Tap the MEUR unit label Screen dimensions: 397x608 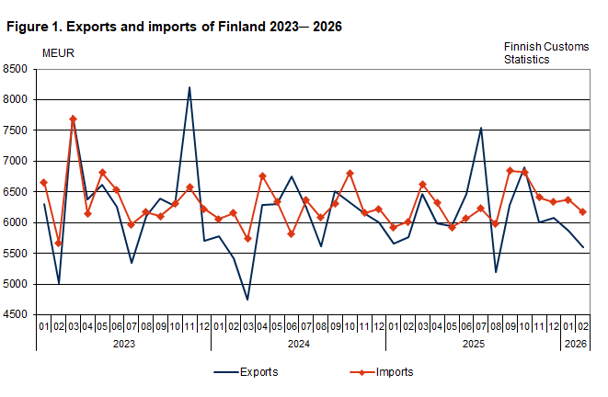58,51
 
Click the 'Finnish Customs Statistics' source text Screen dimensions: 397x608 545,52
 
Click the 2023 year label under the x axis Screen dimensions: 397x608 123,343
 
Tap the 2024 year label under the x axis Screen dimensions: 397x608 298,343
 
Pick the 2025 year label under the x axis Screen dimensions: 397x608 473,343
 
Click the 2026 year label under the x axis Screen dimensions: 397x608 575,343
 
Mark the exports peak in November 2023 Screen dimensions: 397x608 189,87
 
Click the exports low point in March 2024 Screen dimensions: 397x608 247,300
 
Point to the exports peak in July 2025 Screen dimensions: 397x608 481,128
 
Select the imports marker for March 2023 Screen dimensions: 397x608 73,119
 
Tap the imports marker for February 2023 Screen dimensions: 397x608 58,244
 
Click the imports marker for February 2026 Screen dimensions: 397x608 582,211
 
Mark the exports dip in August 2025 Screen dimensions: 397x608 496,272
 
